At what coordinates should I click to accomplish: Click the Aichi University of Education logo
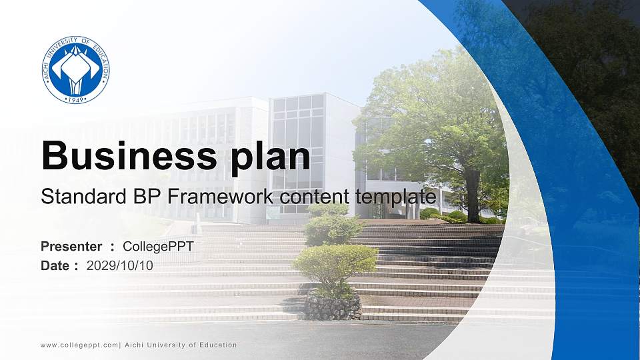[x=75, y=70]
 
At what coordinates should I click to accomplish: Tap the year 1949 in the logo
[x=75, y=99]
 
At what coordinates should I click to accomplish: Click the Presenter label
[x=71, y=247]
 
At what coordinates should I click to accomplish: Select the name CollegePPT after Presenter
[x=159, y=247]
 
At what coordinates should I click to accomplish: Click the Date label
[x=55, y=265]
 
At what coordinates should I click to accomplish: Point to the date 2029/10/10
[x=120, y=265]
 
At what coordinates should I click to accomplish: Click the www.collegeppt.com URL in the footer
[x=79, y=345]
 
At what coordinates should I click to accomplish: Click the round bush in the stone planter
[x=335, y=263]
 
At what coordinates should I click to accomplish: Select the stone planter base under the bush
[x=333, y=307]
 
